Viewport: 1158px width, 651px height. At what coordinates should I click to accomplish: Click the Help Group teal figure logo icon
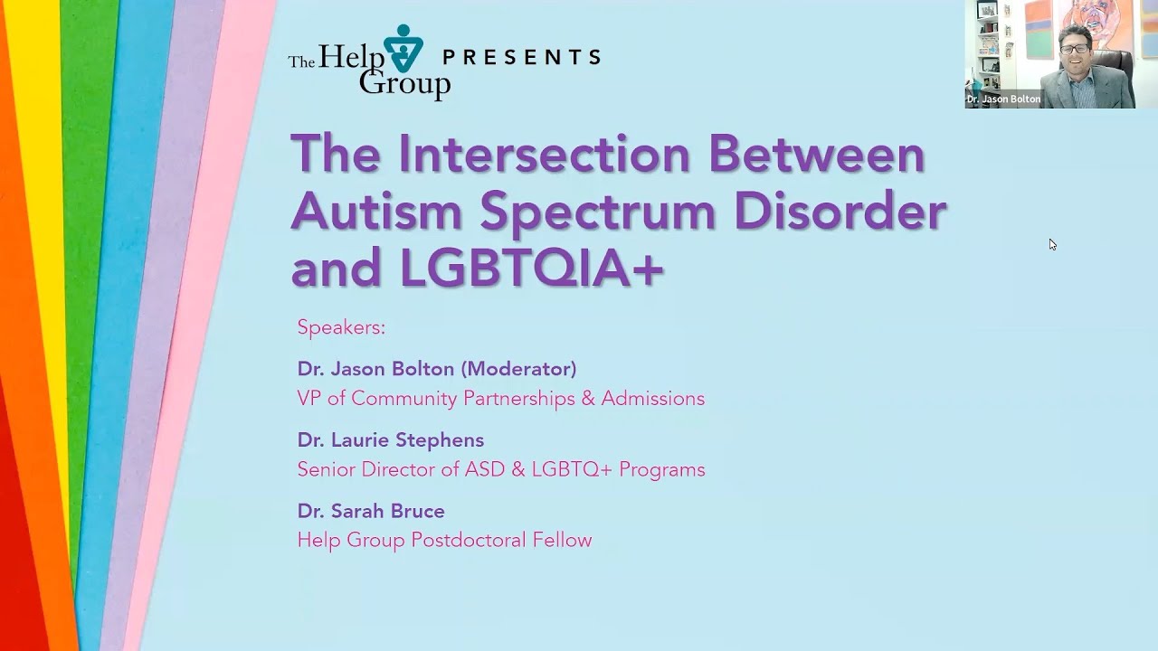coord(403,48)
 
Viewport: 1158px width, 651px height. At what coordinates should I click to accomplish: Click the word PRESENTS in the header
coord(521,58)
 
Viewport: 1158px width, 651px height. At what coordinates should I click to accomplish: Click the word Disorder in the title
coord(840,211)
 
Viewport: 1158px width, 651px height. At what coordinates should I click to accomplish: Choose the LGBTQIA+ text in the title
coord(532,267)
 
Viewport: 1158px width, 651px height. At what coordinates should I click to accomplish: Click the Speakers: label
coord(341,327)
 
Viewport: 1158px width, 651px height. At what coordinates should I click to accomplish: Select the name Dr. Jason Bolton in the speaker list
coord(375,369)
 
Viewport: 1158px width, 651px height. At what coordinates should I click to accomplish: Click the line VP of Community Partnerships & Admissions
coord(500,399)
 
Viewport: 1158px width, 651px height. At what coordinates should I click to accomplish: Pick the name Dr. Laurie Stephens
coord(390,440)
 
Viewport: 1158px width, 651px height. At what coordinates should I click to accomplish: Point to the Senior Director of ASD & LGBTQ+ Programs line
coord(500,470)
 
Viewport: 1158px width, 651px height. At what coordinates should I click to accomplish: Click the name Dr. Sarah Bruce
coord(371,511)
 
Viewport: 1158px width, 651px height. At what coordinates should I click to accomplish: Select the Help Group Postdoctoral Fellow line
coord(444,541)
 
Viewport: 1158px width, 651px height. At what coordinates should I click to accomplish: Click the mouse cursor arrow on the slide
coord(1052,244)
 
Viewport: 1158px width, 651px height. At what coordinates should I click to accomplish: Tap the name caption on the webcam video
coord(1003,99)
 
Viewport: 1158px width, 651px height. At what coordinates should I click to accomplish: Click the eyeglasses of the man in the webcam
coord(1075,49)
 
